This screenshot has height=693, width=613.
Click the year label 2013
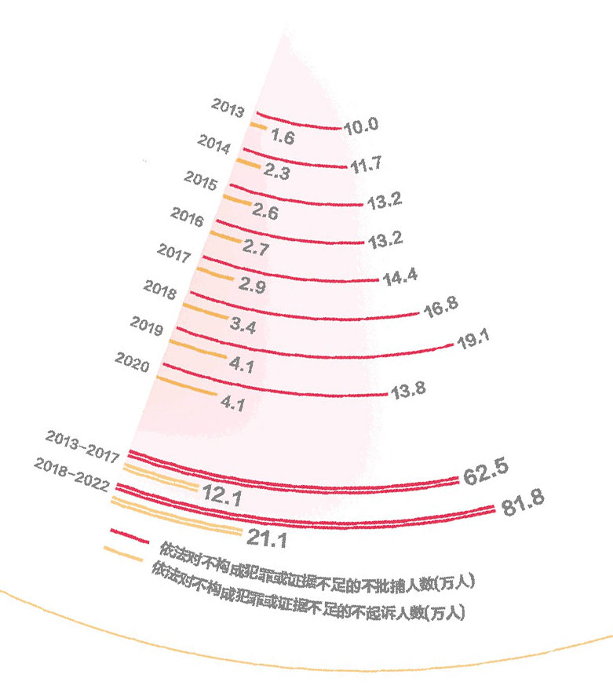(x=228, y=108)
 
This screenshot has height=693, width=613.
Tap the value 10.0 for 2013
(x=362, y=124)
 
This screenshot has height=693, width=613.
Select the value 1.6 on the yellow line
(x=281, y=137)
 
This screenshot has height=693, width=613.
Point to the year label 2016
(x=187, y=216)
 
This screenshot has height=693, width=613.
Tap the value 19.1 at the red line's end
(x=473, y=340)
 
